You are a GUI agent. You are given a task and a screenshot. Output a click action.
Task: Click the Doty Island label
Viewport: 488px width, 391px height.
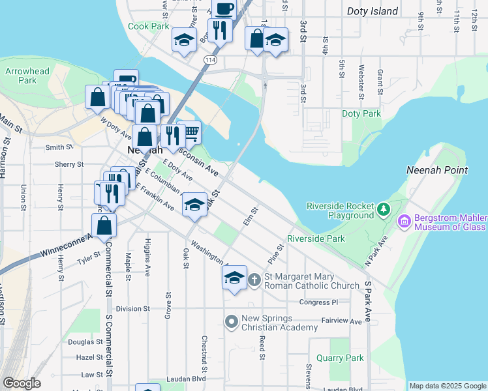pos(373,11)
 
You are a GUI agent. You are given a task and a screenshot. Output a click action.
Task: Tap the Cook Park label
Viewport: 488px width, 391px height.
pos(149,27)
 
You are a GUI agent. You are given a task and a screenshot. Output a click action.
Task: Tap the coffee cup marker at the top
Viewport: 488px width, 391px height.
pos(224,10)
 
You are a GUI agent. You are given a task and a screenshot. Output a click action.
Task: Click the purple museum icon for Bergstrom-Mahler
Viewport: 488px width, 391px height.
pos(404,222)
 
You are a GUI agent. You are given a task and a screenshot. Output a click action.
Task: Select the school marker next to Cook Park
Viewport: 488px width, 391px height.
pos(185,40)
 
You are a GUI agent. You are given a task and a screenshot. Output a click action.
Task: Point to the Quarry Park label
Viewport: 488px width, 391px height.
pos(340,358)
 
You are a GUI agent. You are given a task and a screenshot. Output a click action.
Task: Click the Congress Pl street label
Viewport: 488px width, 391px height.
pos(318,302)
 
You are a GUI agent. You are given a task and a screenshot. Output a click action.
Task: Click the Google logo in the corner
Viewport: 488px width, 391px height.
pos(22,383)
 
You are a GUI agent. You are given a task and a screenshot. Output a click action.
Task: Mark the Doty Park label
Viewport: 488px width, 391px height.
pos(361,113)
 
